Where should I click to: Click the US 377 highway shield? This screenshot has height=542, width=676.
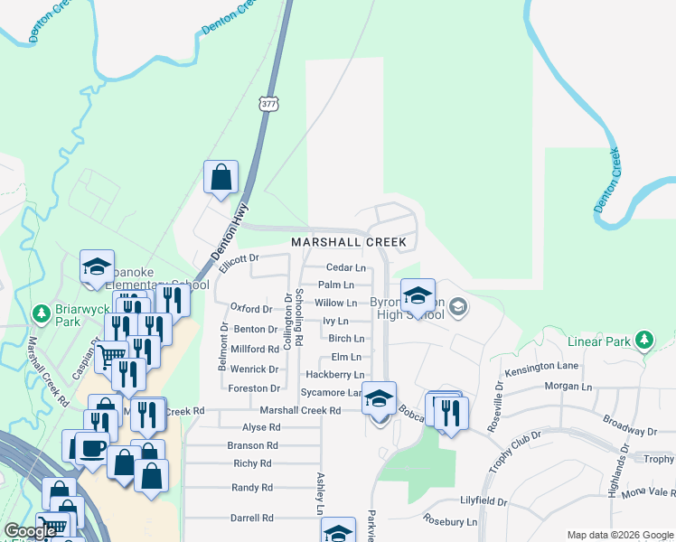[x=268, y=104]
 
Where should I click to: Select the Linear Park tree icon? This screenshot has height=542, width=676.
[x=643, y=340]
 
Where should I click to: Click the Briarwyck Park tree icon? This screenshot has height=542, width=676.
[x=41, y=313]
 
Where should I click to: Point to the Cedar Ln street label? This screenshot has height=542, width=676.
[x=345, y=268]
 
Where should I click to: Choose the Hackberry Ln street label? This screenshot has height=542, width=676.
[x=334, y=374]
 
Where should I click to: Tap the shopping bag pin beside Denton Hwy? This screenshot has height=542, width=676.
[x=221, y=178]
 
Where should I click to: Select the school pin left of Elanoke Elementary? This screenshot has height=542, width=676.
[x=97, y=266]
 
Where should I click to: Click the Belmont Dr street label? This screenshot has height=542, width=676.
[x=221, y=349]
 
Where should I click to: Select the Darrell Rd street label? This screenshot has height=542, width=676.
[x=252, y=519]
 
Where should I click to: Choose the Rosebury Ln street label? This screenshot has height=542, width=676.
[x=451, y=522]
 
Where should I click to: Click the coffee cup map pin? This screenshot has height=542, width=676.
[x=92, y=447]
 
